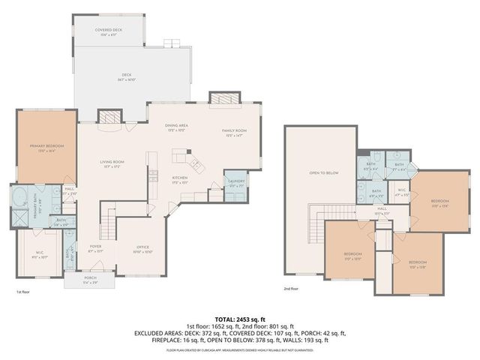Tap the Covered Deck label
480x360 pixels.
pyautogui.click(x=109, y=31)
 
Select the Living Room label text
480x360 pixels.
pyautogui.click(x=112, y=163)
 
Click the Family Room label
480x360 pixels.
pyautogui.click(x=234, y=131)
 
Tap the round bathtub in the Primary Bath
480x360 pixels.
pyautogui.click(x=20, y=199)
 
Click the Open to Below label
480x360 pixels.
pyautogui.click(x=324, y=173)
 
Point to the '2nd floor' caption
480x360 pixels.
pyautogui.click(x=292, y=289)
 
